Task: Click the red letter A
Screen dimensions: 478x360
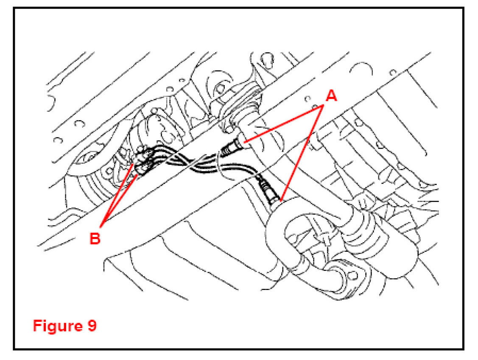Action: pyautogui.click(x=331, y=96)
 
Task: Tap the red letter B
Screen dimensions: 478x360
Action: pyautogui.click(x=95, y=238)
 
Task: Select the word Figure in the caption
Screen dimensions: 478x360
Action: pyautogui.click(x=57, y=326)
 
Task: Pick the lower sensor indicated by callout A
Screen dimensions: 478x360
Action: pyautogui.click(x=268, y=191)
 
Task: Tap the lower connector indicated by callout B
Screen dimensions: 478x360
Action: pyautogui.click(x=144, y=169)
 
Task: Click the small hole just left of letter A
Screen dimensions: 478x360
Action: pyautogui.click(x=307, y=99)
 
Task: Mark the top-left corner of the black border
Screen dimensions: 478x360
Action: pyautogui.click(x=14, y=8)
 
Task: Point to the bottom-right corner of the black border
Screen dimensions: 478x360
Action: pyautogui.click(x=464, y=349)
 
